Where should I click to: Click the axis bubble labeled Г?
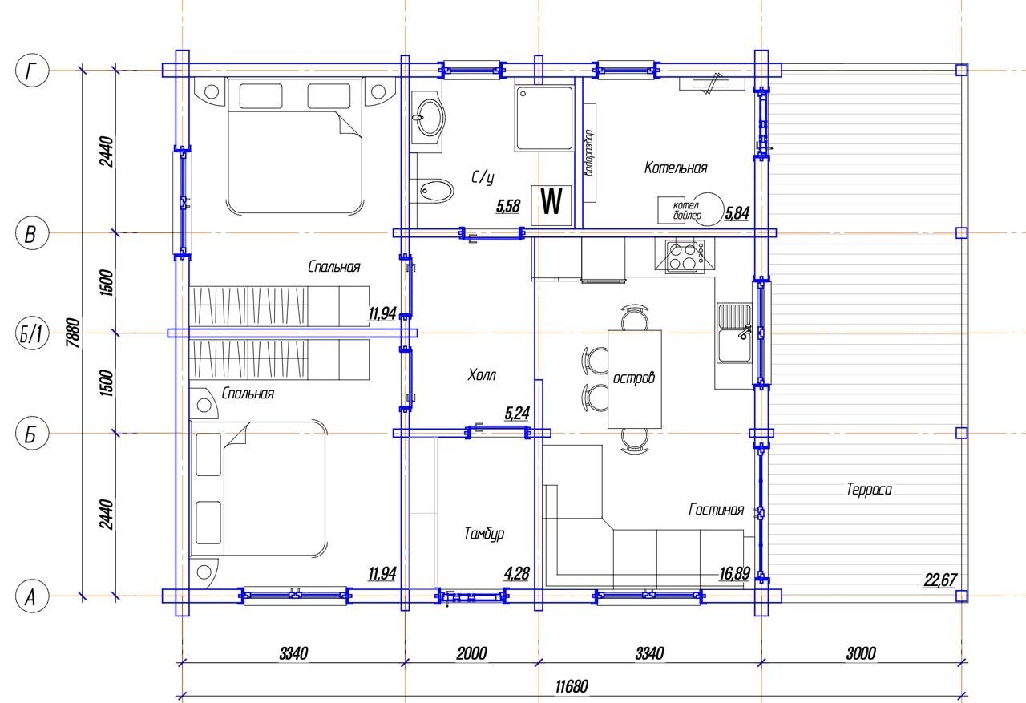click(32, 71)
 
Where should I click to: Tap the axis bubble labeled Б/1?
click(32, 333)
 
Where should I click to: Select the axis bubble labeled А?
click(32, 596)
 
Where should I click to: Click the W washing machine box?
click(551, 205)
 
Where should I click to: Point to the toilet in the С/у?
click(436, 191)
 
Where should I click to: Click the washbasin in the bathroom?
click(427, 117)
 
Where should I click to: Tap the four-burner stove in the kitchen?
click(685, 257)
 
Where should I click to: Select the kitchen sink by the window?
click(734, 333)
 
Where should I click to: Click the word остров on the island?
click(634, 378)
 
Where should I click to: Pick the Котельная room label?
click(676, 168)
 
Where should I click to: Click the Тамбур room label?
click(484, 534)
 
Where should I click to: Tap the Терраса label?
click(869, 489)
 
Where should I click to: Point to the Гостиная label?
click(716, 509)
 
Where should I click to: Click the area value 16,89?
click(735, 573)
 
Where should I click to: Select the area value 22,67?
click(940, 580)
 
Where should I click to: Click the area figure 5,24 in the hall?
click(517, 413)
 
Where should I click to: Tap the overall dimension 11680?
click(572, 686)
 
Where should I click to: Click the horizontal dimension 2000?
click(471, 653)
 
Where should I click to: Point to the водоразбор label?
click(589, 153)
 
